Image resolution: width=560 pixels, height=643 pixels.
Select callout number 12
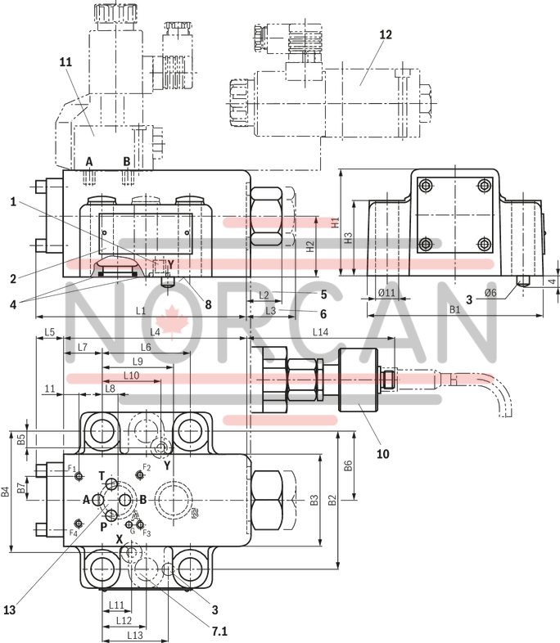click(x=386, y=34)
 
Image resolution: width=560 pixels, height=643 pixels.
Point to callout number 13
click(x=10, y=608)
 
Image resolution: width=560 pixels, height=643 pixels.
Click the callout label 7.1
click(x=219, y=631)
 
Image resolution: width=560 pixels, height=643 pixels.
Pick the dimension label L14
click(x=320, y=331)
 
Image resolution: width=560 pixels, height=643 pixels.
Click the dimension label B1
click(x=455, y=309)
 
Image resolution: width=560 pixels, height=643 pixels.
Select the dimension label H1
click(x=334, y=222)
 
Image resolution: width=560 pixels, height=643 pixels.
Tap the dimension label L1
click(x=141, y=311)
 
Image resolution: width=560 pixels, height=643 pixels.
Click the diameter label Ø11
click(x=387, y=292)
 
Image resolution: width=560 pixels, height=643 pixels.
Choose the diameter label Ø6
click(x=491, y=292)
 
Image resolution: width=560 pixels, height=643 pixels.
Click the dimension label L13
click(x=135, y=635)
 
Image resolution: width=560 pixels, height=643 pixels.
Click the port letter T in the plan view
click(x=102, y=475)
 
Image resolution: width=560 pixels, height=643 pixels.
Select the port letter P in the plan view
click(x=104, y=527)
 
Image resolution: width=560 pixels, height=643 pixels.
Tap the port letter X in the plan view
click(x=119, y=540)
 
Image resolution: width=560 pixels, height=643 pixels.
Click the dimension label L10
click(x=131, y=375)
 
